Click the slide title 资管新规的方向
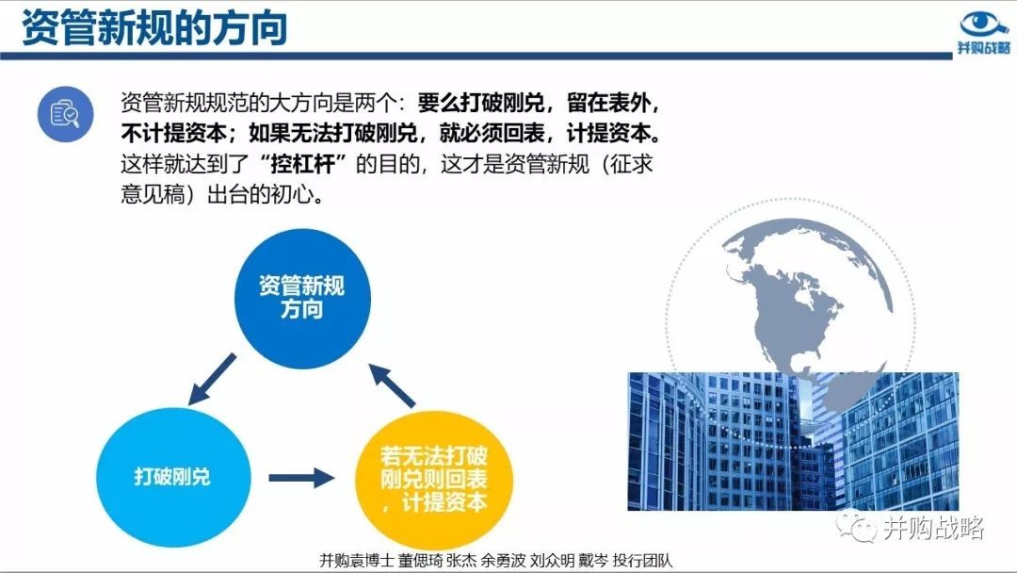(154, 28)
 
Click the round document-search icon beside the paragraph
(65, 114)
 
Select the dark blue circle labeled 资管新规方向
(302, 298)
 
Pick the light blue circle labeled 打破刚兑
(173, 477)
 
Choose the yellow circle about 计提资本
(434, 480)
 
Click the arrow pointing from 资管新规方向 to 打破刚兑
(212, 380)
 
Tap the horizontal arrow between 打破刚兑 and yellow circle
(301, 478)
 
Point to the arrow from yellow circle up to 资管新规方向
(392, 385)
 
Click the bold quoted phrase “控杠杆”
(302, 164)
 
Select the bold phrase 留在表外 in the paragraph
(608, 103)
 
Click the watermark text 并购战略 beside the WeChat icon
(933, 528)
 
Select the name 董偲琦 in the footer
(419, 560)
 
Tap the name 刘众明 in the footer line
(552, 560)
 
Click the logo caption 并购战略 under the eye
(984, 47)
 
